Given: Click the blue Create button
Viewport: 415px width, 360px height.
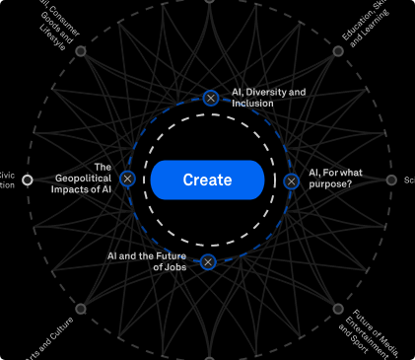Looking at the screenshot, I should pos(207,180).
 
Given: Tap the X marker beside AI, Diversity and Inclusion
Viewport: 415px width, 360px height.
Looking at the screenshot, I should pos(210,98).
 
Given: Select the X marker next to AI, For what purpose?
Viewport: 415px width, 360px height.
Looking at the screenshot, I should pos(291,181).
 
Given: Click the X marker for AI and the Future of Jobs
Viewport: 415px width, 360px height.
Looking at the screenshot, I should pos(207,262).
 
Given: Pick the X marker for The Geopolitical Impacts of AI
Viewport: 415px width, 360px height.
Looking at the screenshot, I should pos(127,180).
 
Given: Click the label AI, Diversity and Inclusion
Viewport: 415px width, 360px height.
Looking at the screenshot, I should pos(268,98).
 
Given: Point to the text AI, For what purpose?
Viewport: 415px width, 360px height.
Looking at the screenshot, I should pos(335,179).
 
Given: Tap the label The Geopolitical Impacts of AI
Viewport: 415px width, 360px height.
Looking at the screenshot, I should pos(89,179).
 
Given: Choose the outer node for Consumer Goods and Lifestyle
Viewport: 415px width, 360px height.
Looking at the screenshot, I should pos(81,51).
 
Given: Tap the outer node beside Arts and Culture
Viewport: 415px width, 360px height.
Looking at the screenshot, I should pos(81,309).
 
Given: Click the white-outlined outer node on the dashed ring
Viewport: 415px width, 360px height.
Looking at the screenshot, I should pos(28,180).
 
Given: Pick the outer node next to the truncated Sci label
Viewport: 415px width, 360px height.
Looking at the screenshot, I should pos(391,180).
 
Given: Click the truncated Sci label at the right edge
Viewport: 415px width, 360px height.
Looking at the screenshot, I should pos(408,180).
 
